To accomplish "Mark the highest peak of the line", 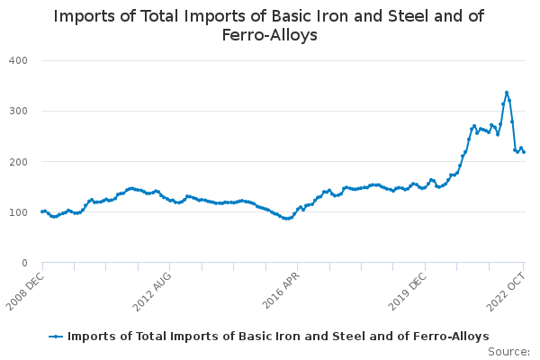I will pos(507,92).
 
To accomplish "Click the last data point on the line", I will pos(524,152).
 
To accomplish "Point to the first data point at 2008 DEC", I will pos(42,211).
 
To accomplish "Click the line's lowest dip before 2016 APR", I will pos(286,219).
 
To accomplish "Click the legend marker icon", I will pos(56,336).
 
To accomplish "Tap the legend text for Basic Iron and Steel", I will pos(278,336).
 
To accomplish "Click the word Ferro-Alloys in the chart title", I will pos(269,36).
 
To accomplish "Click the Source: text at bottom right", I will pos(508,351).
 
